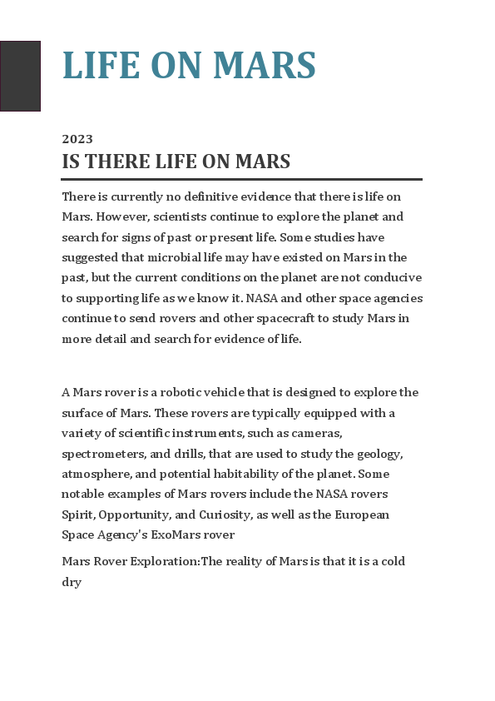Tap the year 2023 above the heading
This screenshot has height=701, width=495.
click(77, 139)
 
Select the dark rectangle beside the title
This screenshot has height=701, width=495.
click(20, 76)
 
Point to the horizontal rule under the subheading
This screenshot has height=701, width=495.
click(242, 179)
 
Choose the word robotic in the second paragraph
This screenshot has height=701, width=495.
click(173, 392)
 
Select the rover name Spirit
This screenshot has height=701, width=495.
click(78, 515)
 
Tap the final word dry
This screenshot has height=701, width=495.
click(72, 582)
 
